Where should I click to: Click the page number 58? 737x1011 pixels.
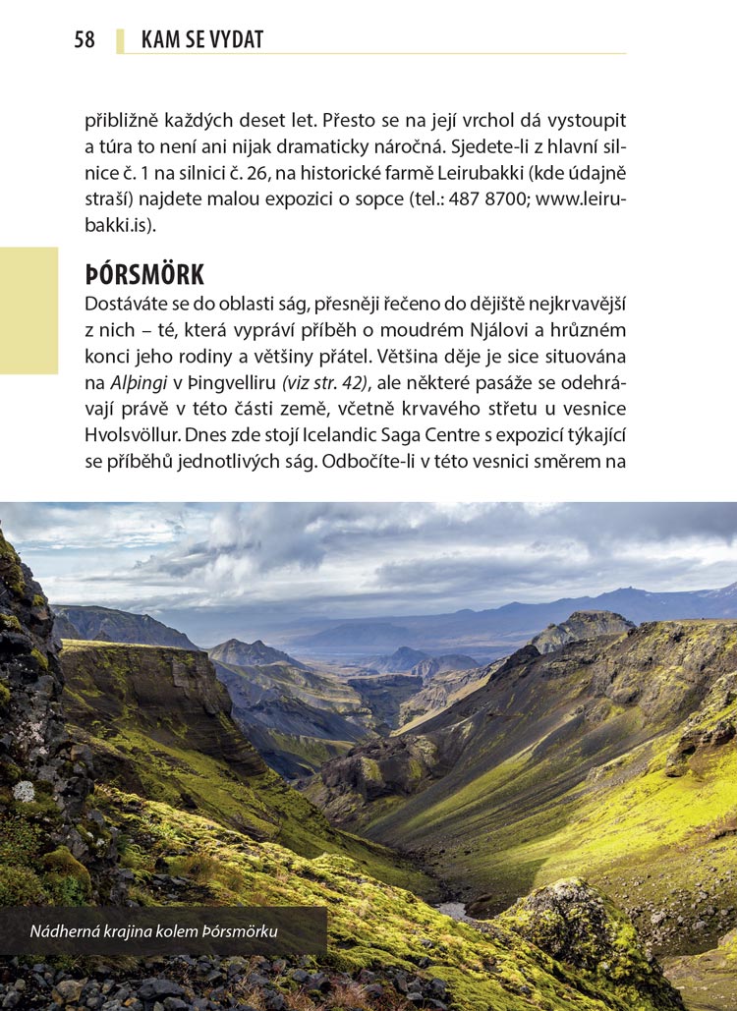[x=85, y=40]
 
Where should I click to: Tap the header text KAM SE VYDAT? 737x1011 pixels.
[x=202, y=40]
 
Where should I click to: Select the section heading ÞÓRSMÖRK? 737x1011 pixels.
[x=143, y=274]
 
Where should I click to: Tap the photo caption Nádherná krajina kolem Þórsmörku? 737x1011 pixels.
[x=153, y=930]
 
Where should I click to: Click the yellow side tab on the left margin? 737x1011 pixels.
[x=28, y=310]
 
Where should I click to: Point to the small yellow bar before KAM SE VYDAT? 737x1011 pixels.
[x=120, y=40]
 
